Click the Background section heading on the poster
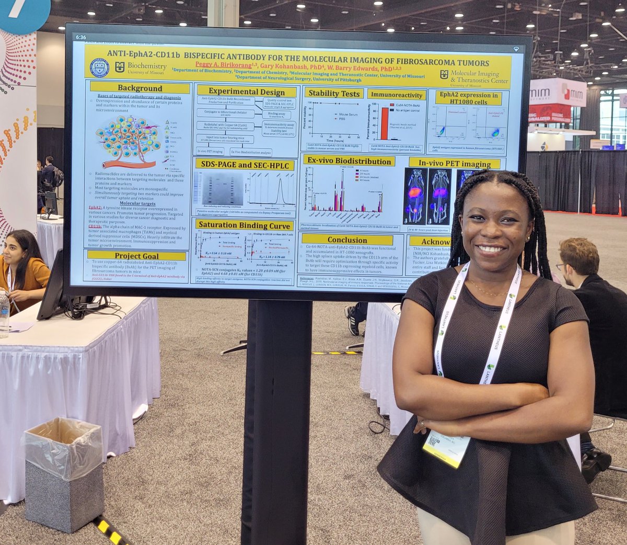coord(140,88)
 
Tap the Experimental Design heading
coord(247,91)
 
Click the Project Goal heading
coord(137,256)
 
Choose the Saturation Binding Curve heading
coord(243,225)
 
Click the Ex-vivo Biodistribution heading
coord(350,161)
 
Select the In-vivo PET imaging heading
coord(454,163)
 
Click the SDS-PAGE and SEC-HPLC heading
coord(245,165)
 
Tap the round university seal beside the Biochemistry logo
coord(100,68)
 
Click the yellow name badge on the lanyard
coord(446,448)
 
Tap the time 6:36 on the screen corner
coord(81,38)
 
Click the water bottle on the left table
coord(4,314)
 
